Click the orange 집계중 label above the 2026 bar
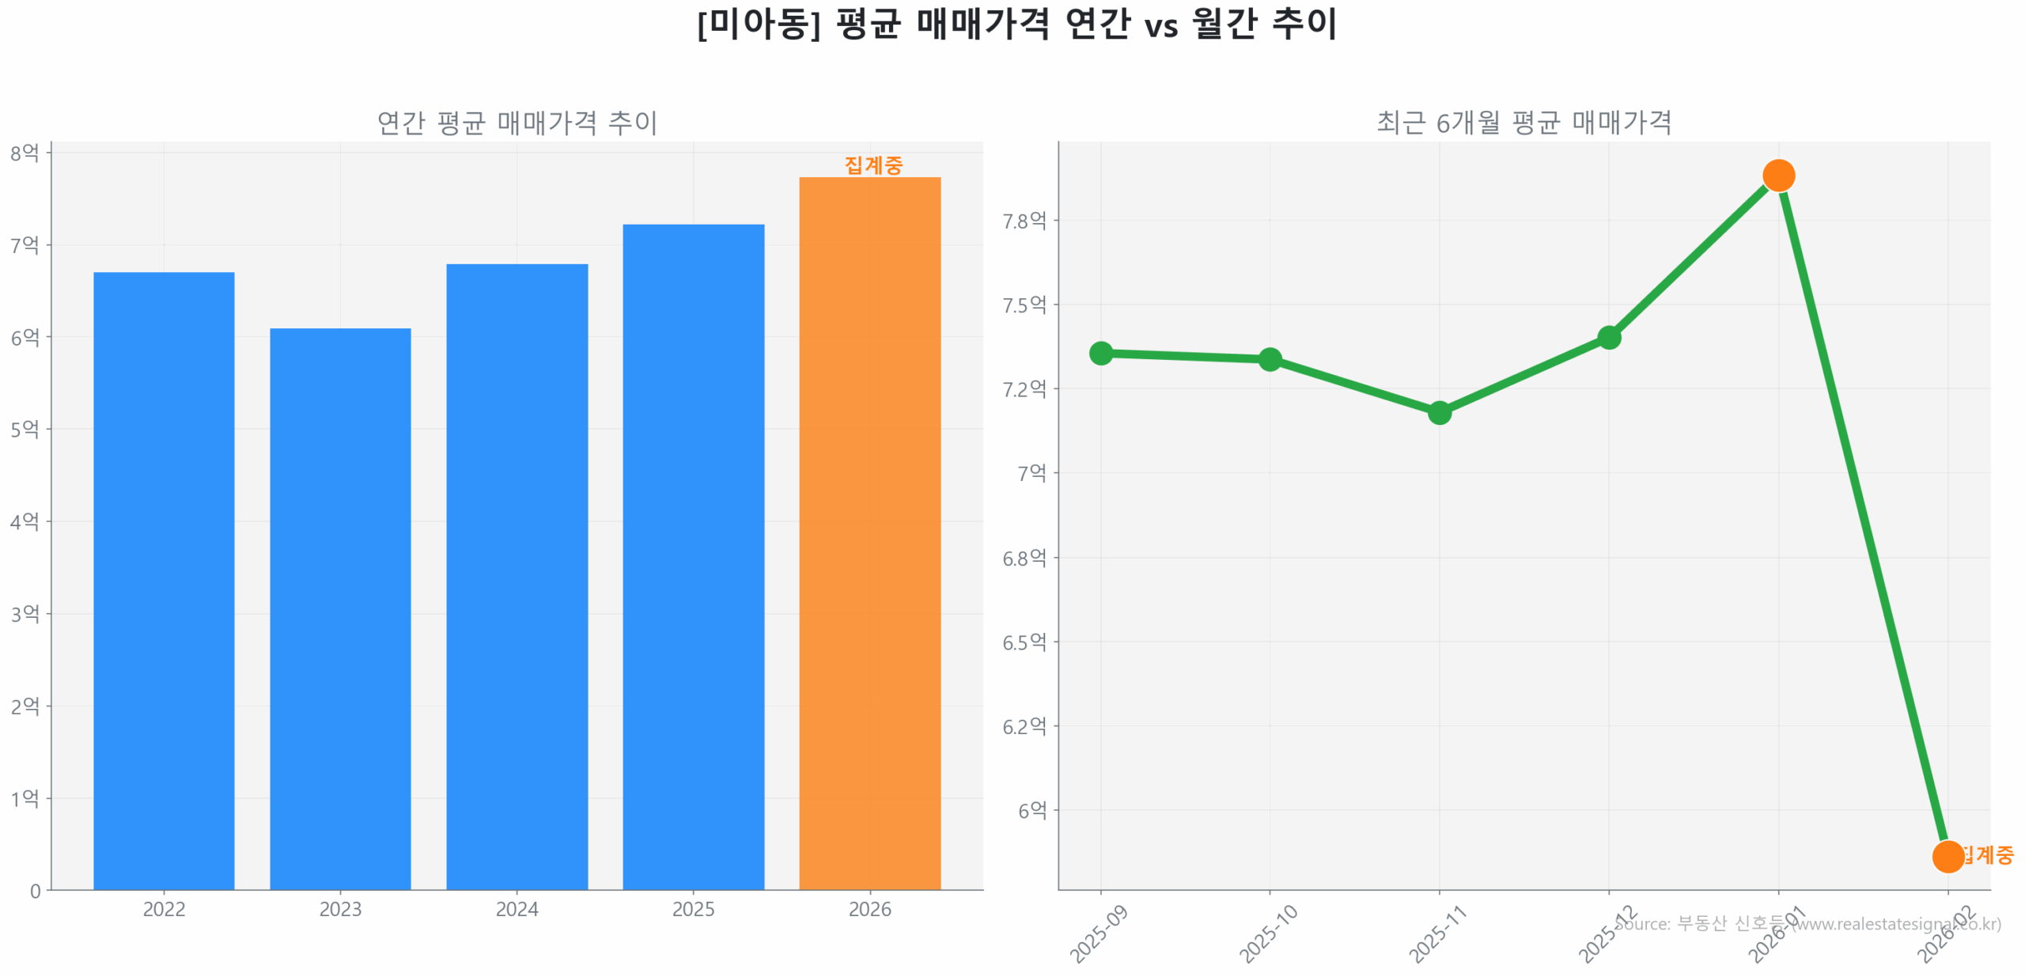pos(873,165)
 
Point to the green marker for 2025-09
pos(1100,353)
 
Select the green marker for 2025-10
pos(1270,359)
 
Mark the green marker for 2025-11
pos(1439,412)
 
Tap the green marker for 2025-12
pos(1608,338)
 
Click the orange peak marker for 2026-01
pos(1778,176)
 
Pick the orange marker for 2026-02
pos(1947,856)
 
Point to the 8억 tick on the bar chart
pos(25,153)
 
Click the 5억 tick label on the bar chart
pos(25,430)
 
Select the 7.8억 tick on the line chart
pos(1024,221)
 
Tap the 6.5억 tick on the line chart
pos(1024,642)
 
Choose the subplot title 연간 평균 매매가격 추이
pos(517,123)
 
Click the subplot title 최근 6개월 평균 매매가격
pos(1523,123)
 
